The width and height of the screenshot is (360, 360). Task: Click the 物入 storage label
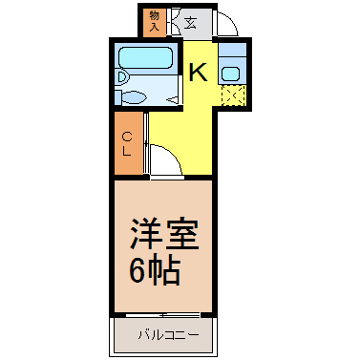point(155,21)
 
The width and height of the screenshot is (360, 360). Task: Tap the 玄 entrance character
point(191,23)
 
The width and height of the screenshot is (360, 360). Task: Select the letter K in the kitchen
point(198,73)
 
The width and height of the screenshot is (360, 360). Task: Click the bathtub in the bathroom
point(145,57)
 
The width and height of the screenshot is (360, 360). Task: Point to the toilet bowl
point(135,97)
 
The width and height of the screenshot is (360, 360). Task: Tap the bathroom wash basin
point(121,77)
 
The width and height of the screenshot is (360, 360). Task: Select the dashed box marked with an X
point(234,95)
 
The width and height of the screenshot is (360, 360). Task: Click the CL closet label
point(127,144)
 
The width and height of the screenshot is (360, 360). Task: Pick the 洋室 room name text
point(164,234)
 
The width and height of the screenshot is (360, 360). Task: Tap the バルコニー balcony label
point(168,335)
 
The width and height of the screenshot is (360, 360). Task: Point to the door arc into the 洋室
point(173,154)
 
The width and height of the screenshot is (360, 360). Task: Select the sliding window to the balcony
point(163,315)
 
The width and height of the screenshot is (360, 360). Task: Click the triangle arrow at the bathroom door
point(172,100)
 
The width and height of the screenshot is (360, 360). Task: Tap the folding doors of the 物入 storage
point(175,22)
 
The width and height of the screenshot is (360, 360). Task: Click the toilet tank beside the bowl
point(117,97)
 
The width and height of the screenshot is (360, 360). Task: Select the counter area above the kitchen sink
point(232,51)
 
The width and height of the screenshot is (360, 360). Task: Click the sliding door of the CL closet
point(146,142)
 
